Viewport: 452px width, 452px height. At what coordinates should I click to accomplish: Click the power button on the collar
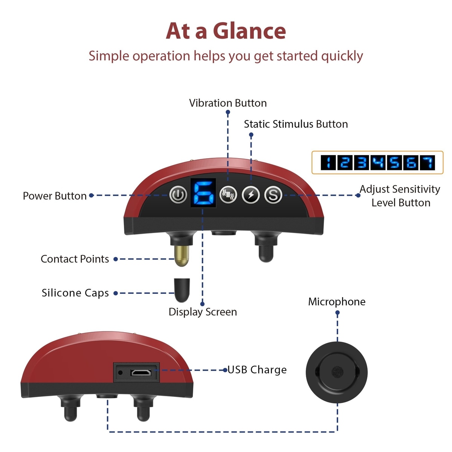(178, 195)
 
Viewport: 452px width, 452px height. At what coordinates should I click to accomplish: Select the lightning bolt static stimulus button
(250, 195)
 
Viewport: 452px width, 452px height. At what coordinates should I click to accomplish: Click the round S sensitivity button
(273, 195)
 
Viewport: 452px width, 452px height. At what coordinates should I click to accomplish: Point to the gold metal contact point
(182, 256)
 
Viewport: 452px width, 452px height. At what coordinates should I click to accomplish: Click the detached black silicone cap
(182, 290)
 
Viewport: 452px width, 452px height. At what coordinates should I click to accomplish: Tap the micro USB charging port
(140, 373)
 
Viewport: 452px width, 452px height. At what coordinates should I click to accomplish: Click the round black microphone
(337, 373)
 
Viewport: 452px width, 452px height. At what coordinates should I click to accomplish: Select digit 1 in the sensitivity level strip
(328, 163)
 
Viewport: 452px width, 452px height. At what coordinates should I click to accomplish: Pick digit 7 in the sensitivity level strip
(427, 163)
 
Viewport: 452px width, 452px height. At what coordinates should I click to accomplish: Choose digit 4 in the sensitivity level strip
(378, 163)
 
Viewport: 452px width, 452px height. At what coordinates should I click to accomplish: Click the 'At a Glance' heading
(226, 31)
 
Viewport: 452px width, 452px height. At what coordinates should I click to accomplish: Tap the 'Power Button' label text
(55, 196)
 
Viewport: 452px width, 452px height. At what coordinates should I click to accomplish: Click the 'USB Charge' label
(257, 370)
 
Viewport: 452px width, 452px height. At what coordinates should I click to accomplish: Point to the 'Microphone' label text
(337, 302)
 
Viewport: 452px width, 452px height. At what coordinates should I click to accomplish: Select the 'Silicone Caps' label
(75, 293)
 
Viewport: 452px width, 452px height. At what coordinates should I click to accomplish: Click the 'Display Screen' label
(203, 312)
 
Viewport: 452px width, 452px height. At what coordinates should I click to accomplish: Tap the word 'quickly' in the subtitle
(342, 56)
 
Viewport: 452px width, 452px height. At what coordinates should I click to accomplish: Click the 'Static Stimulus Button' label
(296, 124)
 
